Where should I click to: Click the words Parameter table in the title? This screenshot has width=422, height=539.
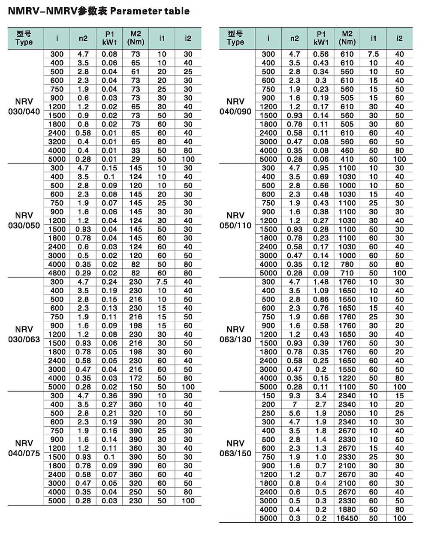point(150,11)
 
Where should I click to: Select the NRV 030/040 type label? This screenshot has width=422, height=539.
point(24,107)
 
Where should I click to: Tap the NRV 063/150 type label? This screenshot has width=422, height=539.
point(235,448)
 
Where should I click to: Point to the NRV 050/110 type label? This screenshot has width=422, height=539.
point(235,220)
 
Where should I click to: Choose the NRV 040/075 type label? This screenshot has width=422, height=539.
point(24,448)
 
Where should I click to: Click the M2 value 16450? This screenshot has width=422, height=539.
point(347,518)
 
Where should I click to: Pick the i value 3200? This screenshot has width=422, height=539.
point(57,142)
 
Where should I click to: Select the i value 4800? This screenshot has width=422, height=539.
point(57,273)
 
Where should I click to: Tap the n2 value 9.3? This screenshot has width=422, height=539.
point(295,395)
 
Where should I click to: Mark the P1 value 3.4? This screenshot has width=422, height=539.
point(321,395)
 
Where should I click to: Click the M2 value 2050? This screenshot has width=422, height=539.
point(347,413)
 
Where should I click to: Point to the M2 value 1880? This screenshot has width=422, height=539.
point(347,509)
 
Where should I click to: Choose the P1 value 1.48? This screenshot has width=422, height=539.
point(321,282)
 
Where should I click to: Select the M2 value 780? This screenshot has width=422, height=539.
point(347,264)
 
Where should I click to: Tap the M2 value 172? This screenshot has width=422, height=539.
point(136,378)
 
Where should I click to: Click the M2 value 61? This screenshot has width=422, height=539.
point(136,72)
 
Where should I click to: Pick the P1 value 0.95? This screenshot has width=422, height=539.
point(321,168)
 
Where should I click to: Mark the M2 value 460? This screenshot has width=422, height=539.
point(347,151)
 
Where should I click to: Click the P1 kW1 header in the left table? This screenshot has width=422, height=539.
point(109,38)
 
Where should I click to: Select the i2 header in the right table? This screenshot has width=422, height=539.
point(399,38)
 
